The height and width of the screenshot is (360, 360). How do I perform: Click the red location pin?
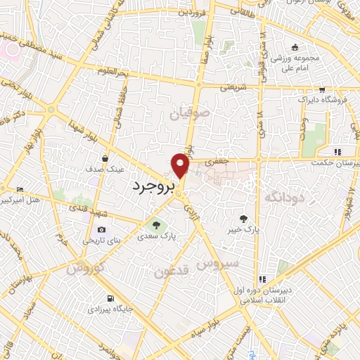pos(181,166)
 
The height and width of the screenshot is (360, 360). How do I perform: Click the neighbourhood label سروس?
pos(218,264)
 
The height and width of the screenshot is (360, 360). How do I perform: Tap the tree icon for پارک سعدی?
pos(156,226)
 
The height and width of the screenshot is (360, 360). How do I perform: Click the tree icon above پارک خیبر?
pos(243,218)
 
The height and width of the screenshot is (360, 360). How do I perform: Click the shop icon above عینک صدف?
pos(105,158)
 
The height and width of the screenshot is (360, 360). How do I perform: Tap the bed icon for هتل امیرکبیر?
pos(20,190)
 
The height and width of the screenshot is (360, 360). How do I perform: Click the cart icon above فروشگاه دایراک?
pos(321,90)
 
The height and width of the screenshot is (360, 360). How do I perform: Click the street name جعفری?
pos(217,162)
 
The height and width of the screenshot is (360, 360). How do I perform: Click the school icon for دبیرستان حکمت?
pos(338,152)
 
